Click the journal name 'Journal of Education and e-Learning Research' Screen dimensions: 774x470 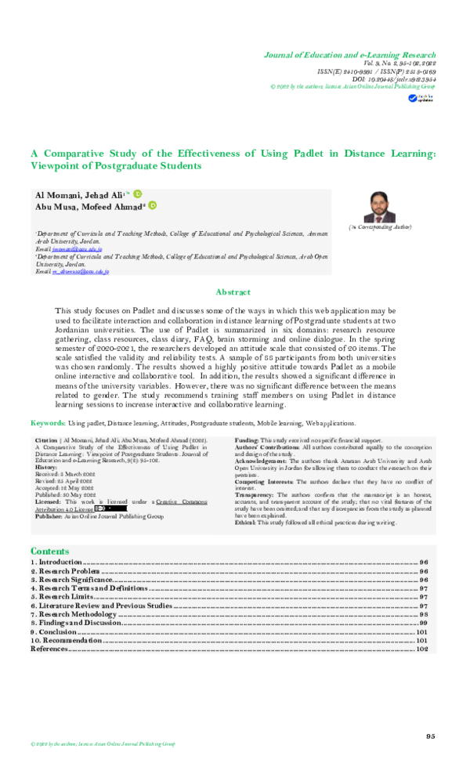[x=349, y=56]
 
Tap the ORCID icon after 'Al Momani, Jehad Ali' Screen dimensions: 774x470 [x=138, y=193]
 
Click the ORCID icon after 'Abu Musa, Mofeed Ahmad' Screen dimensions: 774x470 [x=153, y=205]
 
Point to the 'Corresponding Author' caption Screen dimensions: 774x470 [x=380, y=226]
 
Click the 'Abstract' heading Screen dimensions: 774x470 [x=233, y=292]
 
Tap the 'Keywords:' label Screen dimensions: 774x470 [x=48, y=422]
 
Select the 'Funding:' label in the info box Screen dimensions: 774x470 [x=247, y=441]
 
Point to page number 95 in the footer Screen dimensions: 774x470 [x=430, y=736]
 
